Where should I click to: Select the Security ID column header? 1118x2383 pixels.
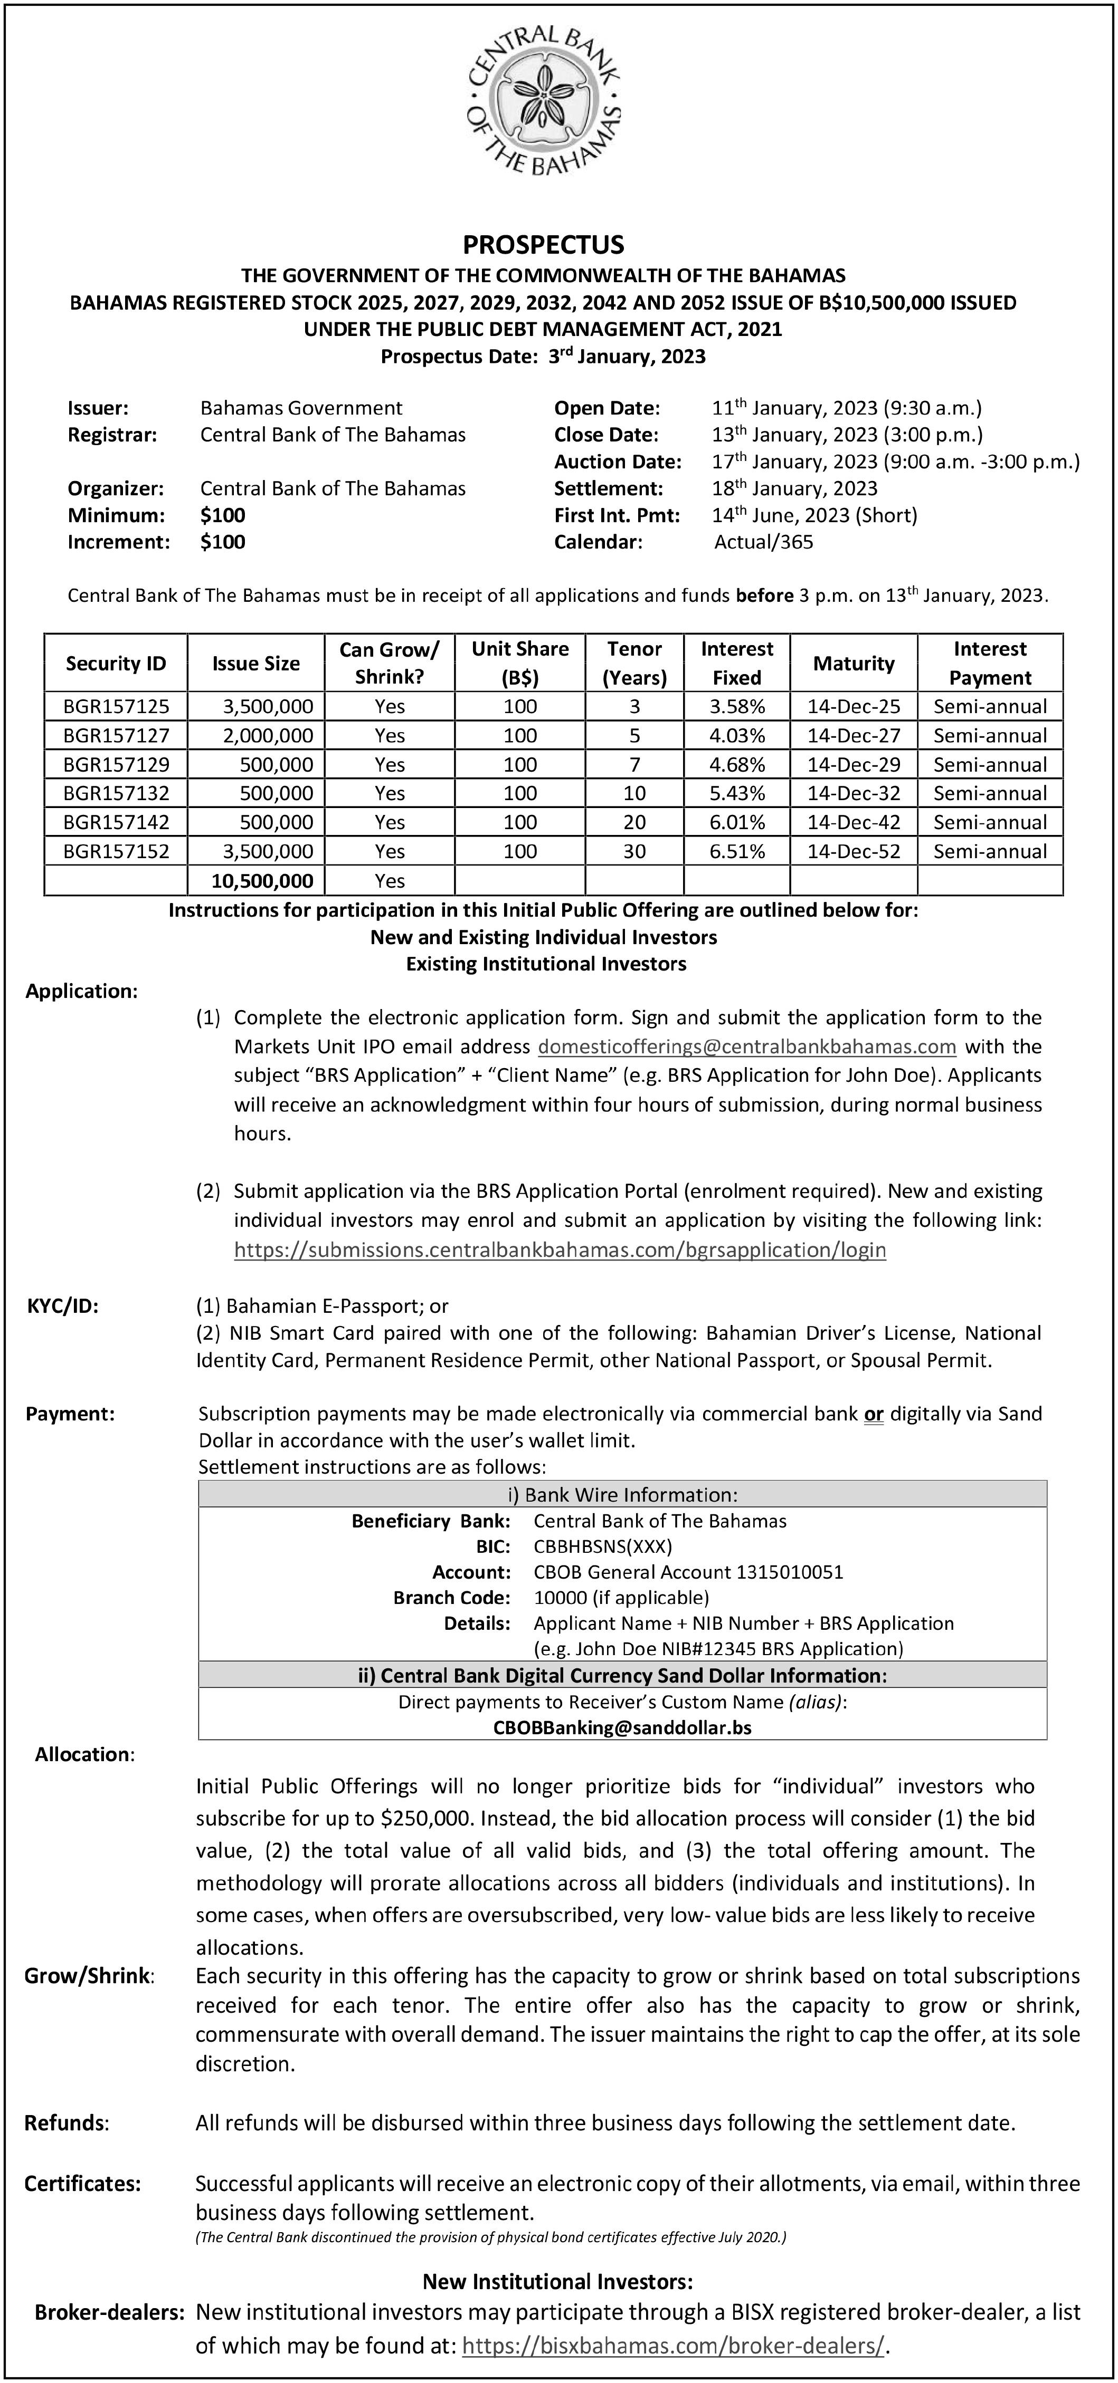click(116, 664)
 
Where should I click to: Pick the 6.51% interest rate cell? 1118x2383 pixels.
click(737, 851)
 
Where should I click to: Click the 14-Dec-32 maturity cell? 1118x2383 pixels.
click(854, 793)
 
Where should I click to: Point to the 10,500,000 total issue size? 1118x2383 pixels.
click(263, 881)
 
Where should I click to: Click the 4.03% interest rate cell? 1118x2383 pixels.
click(737, 735)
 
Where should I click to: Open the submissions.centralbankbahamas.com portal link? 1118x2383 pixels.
click(560, 1250)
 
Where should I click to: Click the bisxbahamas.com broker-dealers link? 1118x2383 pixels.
click(673, 2345)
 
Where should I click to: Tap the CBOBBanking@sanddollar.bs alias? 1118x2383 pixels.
click(622, 1727)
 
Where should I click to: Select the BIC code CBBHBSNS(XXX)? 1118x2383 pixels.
click(602, 1546)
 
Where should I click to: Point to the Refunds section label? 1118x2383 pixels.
click(67, 2123)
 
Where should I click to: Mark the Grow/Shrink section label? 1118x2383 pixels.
click(89, 1976)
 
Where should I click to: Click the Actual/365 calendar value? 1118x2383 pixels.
click(763, 542)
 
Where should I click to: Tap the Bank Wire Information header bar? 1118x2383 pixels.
click(622, 1494)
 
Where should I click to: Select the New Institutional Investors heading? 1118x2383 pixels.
click(557, 2282)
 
